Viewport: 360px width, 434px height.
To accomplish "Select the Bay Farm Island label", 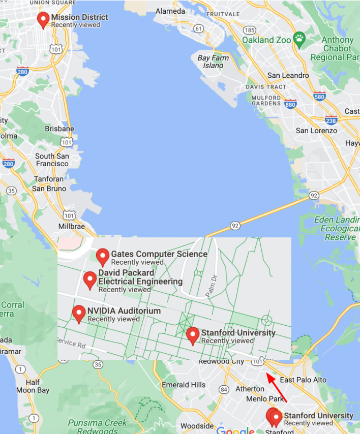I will pos(213,61).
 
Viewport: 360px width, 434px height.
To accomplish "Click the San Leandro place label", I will pos(288,75).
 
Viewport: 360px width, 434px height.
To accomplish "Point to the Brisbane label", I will pos(59,129).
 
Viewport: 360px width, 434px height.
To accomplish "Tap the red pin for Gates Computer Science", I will pos(103,257).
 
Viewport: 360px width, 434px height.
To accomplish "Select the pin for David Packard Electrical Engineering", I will pos(90,280).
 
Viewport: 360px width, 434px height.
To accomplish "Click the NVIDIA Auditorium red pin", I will pos(78,314).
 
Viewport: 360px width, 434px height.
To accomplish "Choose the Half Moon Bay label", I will pos(37,386).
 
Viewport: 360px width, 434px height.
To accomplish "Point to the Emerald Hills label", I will pos(184,385).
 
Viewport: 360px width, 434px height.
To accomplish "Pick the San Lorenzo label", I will pos(316,131).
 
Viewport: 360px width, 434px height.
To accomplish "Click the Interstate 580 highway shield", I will pos(319,96).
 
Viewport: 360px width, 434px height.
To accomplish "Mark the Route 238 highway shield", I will pos(331,120).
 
